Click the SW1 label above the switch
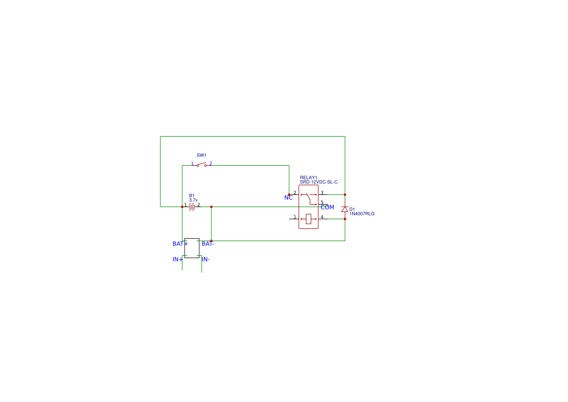point(202,155)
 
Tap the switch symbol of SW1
point(202,165)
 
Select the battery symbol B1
point(192,207)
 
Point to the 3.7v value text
point(193,200)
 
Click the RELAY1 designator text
point(309,177)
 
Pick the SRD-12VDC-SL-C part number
point(319,182)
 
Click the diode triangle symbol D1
point(345,209)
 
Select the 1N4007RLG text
point(362,214)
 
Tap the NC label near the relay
point(288,197)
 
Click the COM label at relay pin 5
point(327,208)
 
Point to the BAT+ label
point(180,244)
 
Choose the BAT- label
point(208,244)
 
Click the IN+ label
point(177,259)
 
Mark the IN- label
point(206,259)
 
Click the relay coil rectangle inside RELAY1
point(309,219)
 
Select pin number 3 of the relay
point(322,192)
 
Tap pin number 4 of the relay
point(322,217)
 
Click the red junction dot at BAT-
point(211,241)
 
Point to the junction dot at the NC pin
point(289,194)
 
